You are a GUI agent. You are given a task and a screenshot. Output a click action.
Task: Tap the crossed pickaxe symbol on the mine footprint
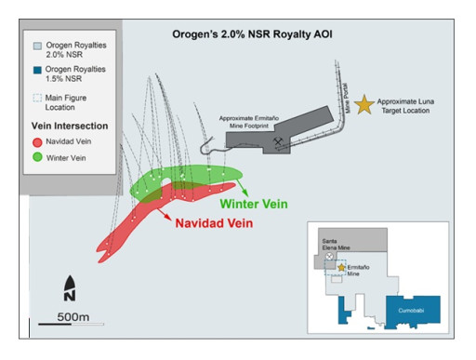tap(277, 141)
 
